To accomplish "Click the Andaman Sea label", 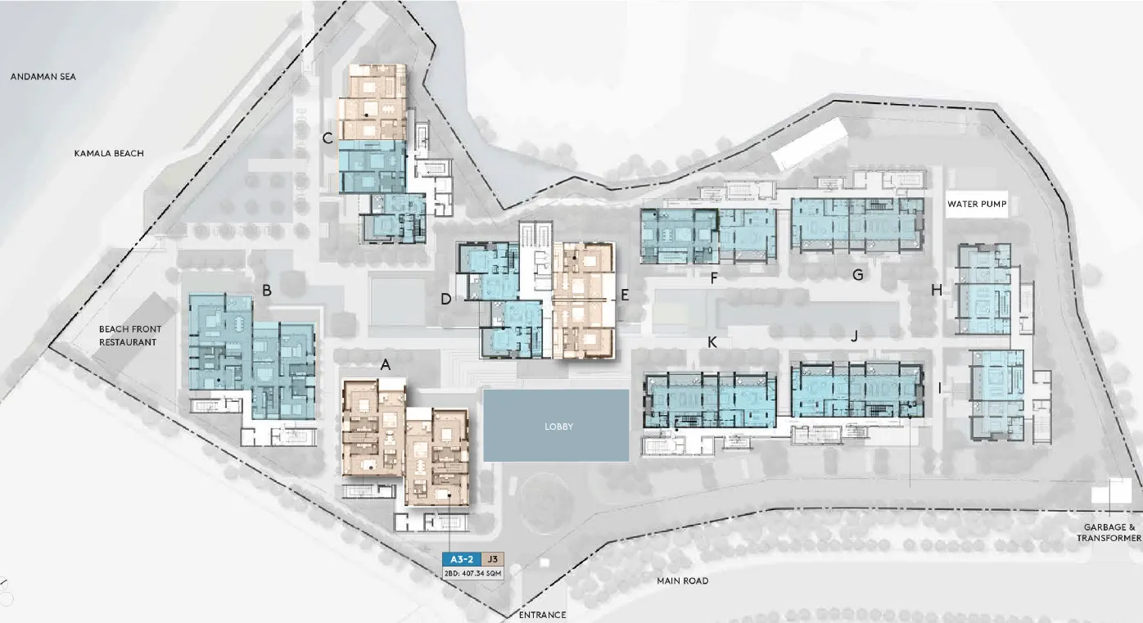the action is pos(43,76).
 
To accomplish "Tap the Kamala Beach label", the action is pos(109,153).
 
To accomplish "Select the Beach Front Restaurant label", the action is pos(129,336).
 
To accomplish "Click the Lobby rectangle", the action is pos(556,426).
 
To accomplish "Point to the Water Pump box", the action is pos(977,204).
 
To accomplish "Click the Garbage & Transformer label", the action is pos(1109,533).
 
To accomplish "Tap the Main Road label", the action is pos(682,580).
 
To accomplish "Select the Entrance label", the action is pos(542,615).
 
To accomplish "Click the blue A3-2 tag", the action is pos(462,559).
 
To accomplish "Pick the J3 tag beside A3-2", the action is pos(492,559).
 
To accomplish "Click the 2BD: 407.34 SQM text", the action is pos(473,574).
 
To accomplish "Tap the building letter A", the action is pos(386,365).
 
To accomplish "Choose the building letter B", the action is pos(266,291).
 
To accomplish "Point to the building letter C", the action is pos(328,138).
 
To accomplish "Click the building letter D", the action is pos(446,299).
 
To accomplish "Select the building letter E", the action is pos(625,295).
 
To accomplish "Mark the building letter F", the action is pos(714,278).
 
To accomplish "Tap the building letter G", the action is pos(858,275).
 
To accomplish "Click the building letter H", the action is pos(937,290).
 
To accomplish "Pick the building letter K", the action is pos(712,342).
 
